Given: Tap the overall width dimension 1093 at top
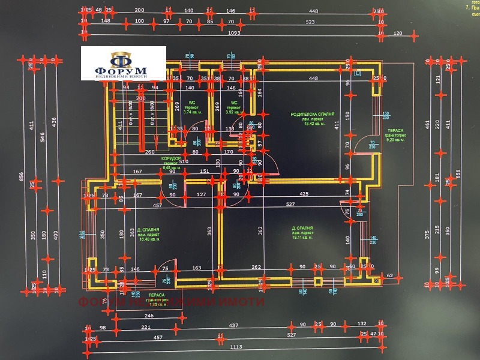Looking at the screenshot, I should click(235, 34).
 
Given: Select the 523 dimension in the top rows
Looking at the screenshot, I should click(310, 22).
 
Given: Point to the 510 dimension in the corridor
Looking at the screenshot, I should click(184, 161).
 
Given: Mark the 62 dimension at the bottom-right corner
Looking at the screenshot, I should click(390, 275).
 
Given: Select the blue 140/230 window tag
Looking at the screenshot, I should click(373, 240).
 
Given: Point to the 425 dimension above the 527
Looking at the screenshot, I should click(304, 194).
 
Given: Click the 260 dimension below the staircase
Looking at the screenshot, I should click(149, 152).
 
